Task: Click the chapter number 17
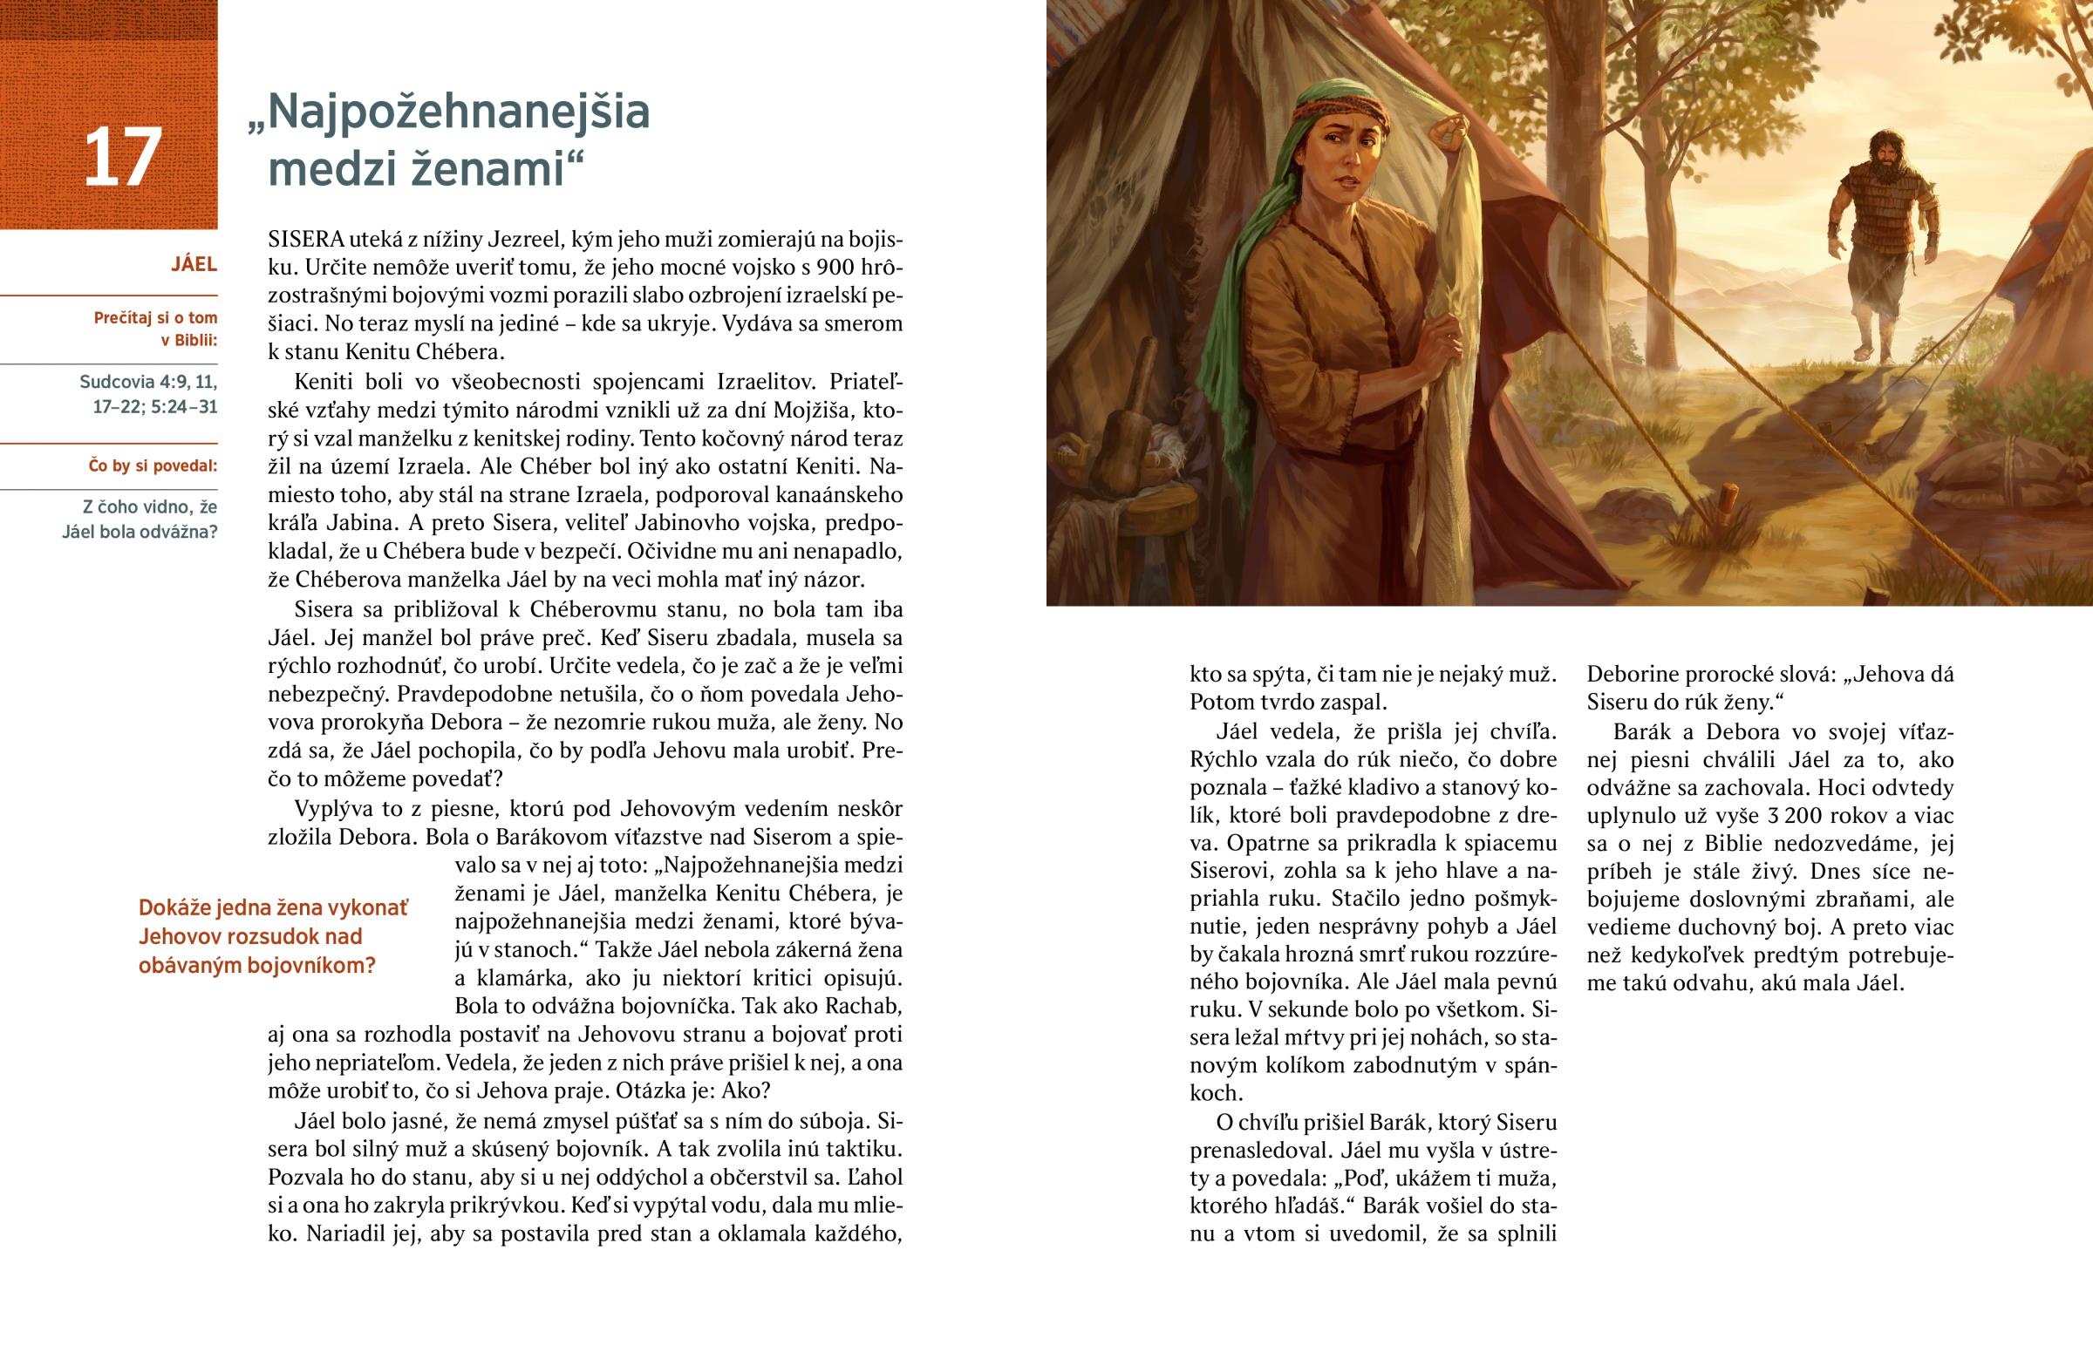(x=122, y=158)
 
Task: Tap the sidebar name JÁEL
(x=194, y=265)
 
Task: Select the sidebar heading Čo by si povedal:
(x=153, y=466)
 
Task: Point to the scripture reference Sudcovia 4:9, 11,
(x=148, y=382)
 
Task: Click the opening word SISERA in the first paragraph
(x=306, y=240)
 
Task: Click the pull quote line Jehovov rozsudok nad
(x=249, y=936)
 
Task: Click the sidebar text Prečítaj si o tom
(x=155, y=318)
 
